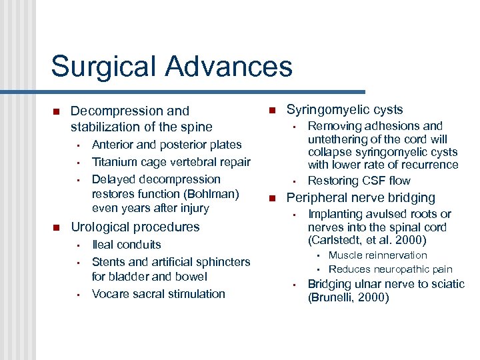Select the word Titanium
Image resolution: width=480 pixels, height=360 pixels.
click(x=114, y=162)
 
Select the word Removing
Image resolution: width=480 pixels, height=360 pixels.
click(x=333, y=126)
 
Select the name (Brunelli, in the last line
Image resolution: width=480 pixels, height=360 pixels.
click(x=332, y=298)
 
